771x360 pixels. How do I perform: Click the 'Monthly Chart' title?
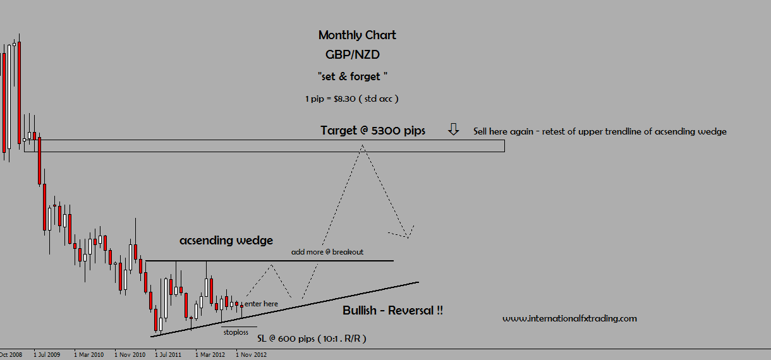click(x=357, y=35)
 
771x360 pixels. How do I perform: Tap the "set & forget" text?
click(x=352, y=76)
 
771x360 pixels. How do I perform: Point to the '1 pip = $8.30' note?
click(x=351, y=99)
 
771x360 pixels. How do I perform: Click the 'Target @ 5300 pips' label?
click(x=372, y=131)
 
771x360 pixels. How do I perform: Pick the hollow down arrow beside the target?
click(x=454, y=129)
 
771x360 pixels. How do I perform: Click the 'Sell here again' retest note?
click(x=600, y=131)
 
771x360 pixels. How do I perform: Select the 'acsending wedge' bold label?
click(x=226, y=241)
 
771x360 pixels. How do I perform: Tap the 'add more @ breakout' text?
click(x=327, y=252)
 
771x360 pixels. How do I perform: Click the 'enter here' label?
click(x=261, y=304)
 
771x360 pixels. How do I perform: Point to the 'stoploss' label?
click(x=236, y=332)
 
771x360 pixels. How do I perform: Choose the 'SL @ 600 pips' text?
click(x=312, y=339)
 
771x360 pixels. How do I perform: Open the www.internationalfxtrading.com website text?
click(x=569, y=318)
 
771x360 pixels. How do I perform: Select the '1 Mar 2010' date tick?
click(x=89, y=355)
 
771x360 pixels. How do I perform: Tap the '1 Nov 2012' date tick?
click(x=251, y=355)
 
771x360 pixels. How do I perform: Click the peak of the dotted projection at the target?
click(x=362, y=146)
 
